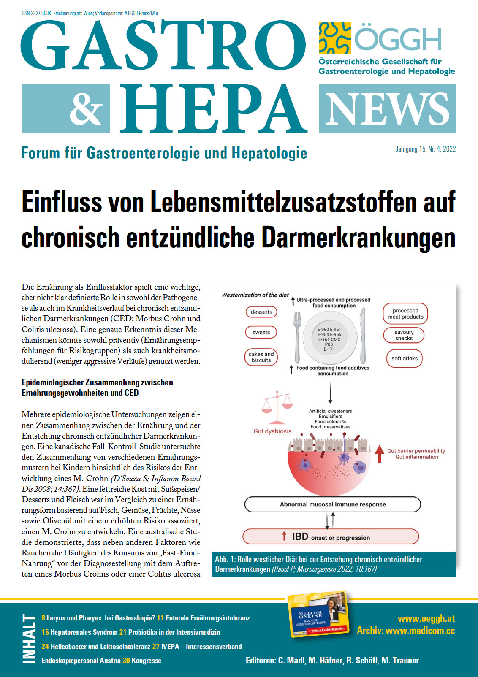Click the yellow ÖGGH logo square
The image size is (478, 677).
[x=335, y=38]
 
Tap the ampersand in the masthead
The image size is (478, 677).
[x=86, y=109]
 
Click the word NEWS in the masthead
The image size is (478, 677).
[x=387, y=109]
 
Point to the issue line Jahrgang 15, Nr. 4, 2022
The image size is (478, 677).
[x=425, y=149]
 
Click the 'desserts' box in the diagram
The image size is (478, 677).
[x=261, y=312]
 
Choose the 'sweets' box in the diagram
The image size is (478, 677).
[x=261, y=333]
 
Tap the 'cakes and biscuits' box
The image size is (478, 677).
[x=261, y=357]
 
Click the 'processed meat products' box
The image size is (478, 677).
[x=405, y=314]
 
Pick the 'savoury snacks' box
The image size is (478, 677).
[x=404, y=335]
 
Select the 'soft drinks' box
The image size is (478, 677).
[x=404, y=359]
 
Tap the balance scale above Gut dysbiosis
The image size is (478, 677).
[x=277, y=406]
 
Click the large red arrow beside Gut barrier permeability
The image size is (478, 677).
[x=380, y=454]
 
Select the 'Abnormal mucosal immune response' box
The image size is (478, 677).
[x=333, y=504]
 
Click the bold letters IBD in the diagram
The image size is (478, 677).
[x=300, y=536]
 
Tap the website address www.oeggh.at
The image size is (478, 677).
[x=426, y=619]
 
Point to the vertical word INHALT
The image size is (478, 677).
[x=29, y=639]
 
